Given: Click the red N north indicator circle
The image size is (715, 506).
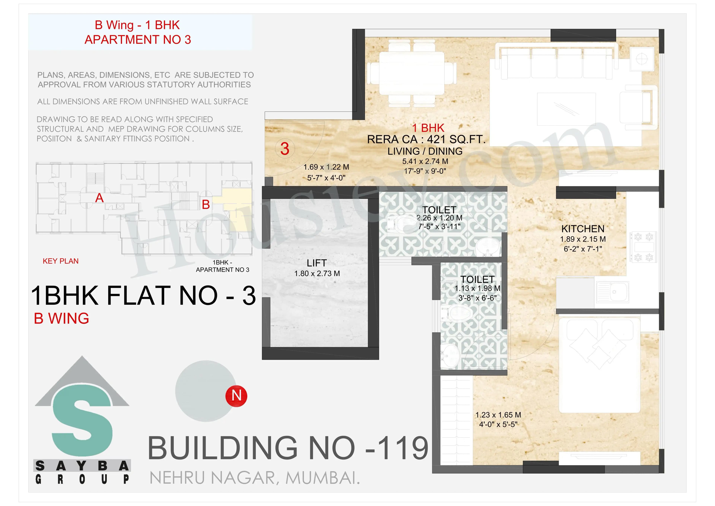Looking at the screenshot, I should click(236, 396).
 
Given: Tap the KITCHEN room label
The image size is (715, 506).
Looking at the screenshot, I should click(583, 229).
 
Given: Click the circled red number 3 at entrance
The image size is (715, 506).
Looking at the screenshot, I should click(285, 149).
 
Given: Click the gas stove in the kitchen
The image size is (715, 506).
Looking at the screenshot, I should click(643, 247).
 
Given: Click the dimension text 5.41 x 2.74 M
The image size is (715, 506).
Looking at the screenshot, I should click(425, 161).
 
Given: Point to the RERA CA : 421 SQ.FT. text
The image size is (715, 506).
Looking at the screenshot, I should click(426, 140).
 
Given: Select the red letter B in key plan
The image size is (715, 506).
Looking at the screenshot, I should click(206, 205).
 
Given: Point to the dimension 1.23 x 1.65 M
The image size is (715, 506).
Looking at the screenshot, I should click(498, 415).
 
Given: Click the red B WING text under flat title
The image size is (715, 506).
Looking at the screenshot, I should click(61, 318).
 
